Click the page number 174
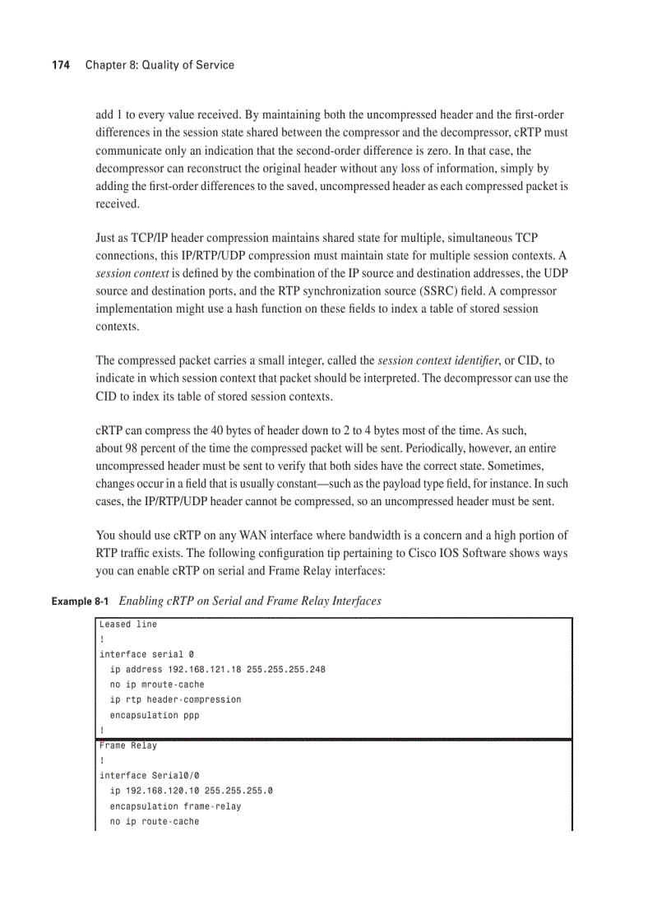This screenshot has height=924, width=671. pos(60,65)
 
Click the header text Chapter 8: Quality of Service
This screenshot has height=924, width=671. pos(160,65)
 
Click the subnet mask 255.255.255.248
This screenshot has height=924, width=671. pos(285,669)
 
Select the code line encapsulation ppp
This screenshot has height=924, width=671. pos(155,715)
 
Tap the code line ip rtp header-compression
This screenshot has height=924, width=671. pos(175,699)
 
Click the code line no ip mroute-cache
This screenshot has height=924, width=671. pos(157,685)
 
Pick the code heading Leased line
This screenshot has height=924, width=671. pos(128,625)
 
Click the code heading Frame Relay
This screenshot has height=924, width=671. pos(128,745)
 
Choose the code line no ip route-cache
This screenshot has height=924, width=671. pos(155,821)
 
